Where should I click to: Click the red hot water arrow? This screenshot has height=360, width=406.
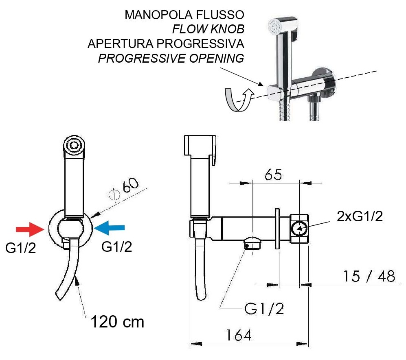29,229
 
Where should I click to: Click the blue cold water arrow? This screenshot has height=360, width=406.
109,227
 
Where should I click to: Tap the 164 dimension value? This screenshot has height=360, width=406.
239,335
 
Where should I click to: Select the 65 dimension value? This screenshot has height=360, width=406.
273,175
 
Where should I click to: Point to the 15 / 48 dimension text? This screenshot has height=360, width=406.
369,276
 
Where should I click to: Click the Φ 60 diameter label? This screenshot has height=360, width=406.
123,189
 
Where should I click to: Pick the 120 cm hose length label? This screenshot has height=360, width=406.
117,322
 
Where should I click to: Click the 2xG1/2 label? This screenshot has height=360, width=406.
360,216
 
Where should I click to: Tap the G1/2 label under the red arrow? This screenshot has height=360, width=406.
20,248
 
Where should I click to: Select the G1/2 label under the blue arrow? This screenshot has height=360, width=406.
117,247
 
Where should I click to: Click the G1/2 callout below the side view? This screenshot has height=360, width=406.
264,308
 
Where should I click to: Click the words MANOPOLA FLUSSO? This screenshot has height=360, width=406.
184,15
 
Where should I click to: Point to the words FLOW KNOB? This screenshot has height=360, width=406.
208,29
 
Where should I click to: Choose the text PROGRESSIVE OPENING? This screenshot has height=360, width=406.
171,58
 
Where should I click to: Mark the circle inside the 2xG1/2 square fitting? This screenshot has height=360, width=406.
299,228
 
